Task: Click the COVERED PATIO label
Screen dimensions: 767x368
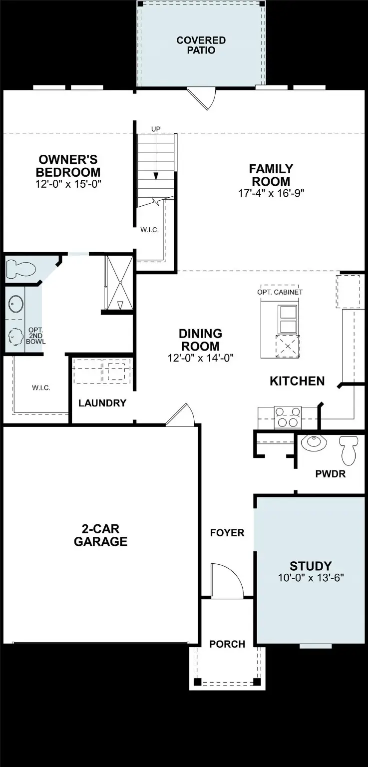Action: coord(201,45)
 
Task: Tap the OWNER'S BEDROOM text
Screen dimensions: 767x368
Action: coord(69,166)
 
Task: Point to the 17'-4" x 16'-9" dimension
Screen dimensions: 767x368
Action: coord(271,193)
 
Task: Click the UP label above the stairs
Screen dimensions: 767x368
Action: coord(156,129)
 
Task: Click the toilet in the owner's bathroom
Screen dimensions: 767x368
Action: coord(21,270)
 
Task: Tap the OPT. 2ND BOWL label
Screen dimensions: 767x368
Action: coord(37,336)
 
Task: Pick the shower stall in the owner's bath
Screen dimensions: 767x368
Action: coord(119,283)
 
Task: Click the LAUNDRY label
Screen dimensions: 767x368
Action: coord(102,403)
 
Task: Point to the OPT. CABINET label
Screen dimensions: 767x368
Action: coord(280,292)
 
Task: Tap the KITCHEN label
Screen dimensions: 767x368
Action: coord(297,381)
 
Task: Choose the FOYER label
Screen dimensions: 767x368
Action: coord(227,533)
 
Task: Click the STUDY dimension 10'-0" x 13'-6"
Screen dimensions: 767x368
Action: coord(311,578)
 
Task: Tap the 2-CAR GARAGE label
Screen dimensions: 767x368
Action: coord(100,535)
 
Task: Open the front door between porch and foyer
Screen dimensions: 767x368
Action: coord(226,581)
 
